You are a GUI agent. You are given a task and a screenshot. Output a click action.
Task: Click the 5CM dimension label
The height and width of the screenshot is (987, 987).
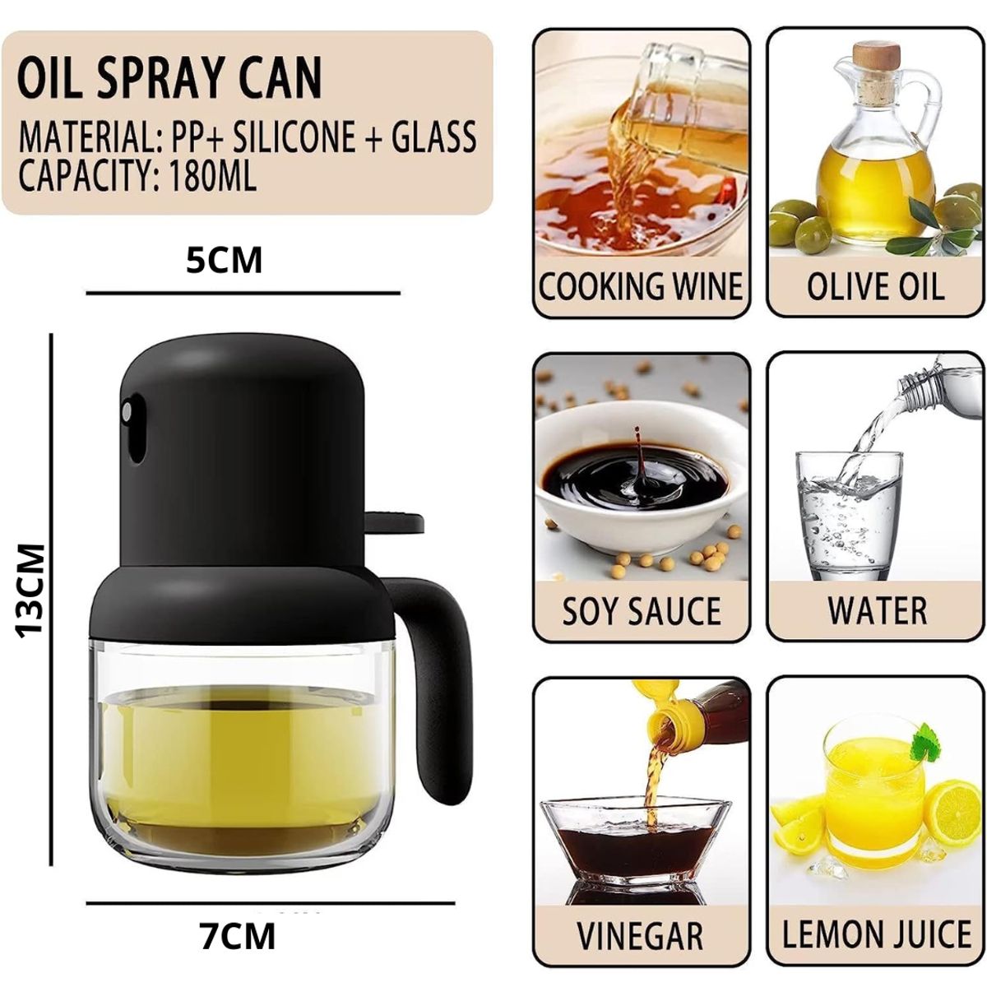(x=224, y=261)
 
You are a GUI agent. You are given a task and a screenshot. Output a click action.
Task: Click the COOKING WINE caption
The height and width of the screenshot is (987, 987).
(x=641, y=287)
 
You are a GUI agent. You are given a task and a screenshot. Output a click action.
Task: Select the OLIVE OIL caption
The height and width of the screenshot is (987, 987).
(x=875, y=287)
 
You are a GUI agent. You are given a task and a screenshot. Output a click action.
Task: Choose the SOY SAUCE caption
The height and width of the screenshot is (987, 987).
(x=642, y=611)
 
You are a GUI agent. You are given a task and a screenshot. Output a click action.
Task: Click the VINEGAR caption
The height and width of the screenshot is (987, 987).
(x=640, y=936)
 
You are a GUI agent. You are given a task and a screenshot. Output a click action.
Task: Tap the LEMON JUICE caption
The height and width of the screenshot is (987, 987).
(x=877, y=936)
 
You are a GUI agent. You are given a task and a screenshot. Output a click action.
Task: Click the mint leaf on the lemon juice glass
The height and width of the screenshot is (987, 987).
(x=927, y=741)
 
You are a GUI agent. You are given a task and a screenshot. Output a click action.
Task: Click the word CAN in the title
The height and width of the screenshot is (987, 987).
(x=285, y=80)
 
